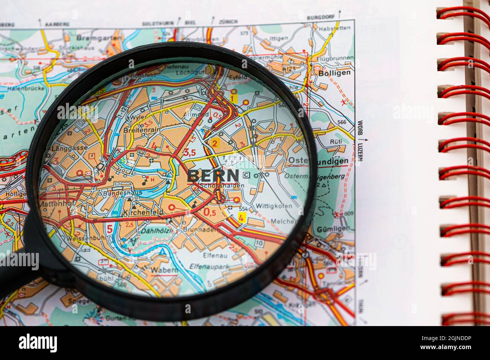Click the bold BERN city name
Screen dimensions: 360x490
coord(213,176)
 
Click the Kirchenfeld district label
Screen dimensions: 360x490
coord(143,213)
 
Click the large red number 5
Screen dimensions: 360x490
coord(109,229)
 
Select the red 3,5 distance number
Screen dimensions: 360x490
coord(189,152)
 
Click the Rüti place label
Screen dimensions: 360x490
coord(335,141)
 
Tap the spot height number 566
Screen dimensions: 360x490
coord(341,122)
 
